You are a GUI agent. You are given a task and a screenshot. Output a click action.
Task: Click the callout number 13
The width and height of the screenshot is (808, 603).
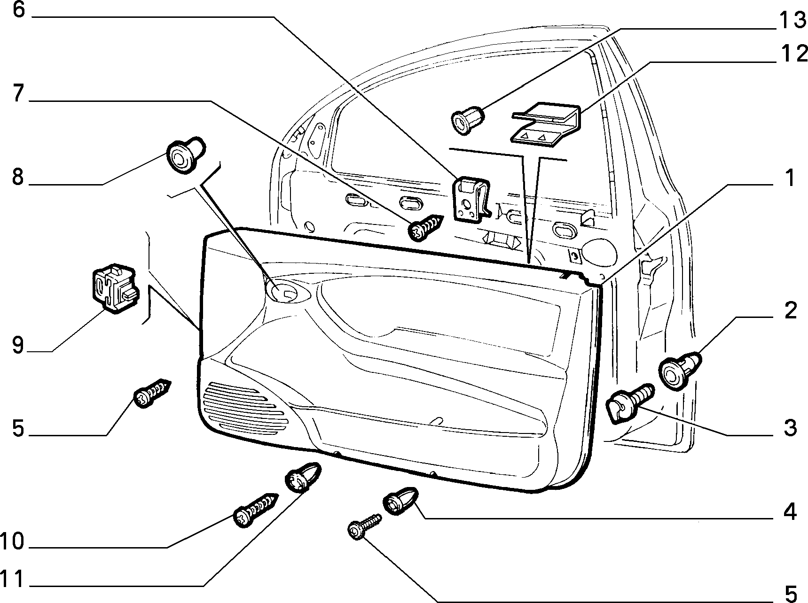(x=792, y=20)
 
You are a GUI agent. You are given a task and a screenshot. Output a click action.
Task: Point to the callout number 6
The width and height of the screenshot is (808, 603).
(x=18, y=9)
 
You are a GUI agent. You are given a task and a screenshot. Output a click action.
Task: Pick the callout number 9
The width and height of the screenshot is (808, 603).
(x=18, y=346)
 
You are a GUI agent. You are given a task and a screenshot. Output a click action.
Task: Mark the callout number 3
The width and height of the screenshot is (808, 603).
(x=790, y=428)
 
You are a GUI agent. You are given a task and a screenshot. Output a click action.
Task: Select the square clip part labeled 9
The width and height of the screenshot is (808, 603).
(x=115, y=289)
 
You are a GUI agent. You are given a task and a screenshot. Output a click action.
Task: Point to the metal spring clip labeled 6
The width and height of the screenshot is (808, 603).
(x=472, y=198)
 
